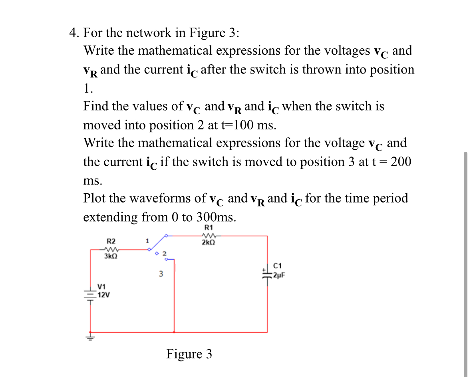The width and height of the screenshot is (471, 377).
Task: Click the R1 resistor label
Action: click(208, 228)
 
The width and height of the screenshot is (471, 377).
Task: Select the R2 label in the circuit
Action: click(111, 241)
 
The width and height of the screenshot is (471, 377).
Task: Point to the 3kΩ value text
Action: click(110, 256)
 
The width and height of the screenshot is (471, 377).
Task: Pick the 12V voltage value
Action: click(104, 295)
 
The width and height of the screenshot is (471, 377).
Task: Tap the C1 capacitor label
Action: click(278, 265)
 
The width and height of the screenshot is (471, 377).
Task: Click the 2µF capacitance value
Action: click(279, 275)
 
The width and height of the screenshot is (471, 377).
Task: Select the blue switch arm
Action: click(159, 242)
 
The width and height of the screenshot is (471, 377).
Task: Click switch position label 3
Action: click(161, 274)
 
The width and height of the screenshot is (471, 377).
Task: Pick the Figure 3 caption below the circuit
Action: click(189, 354)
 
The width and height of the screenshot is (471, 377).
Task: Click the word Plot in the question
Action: click(95, 198)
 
